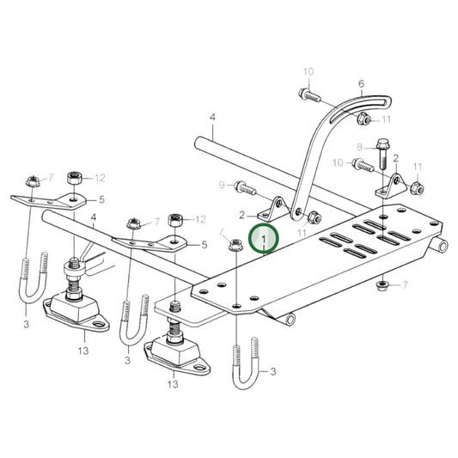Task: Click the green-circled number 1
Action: pyautogui.click(x=264, y=237)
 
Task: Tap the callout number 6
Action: pyautogui.click(x=361, y=84)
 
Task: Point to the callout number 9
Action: pyautogui.click(x=222, y=185)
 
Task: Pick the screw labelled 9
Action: pyautogui.click(x=243, y=185)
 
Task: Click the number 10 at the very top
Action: pyautogui.click(x=308, y=70)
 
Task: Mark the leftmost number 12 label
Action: pyautogui.click(x=100, y=178)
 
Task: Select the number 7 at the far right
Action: pyautogui.click(x=405, y=284)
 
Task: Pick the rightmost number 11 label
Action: pyautogui.click(x=418, y=166)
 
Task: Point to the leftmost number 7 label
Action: pyautogui.click(x=51, y=178)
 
